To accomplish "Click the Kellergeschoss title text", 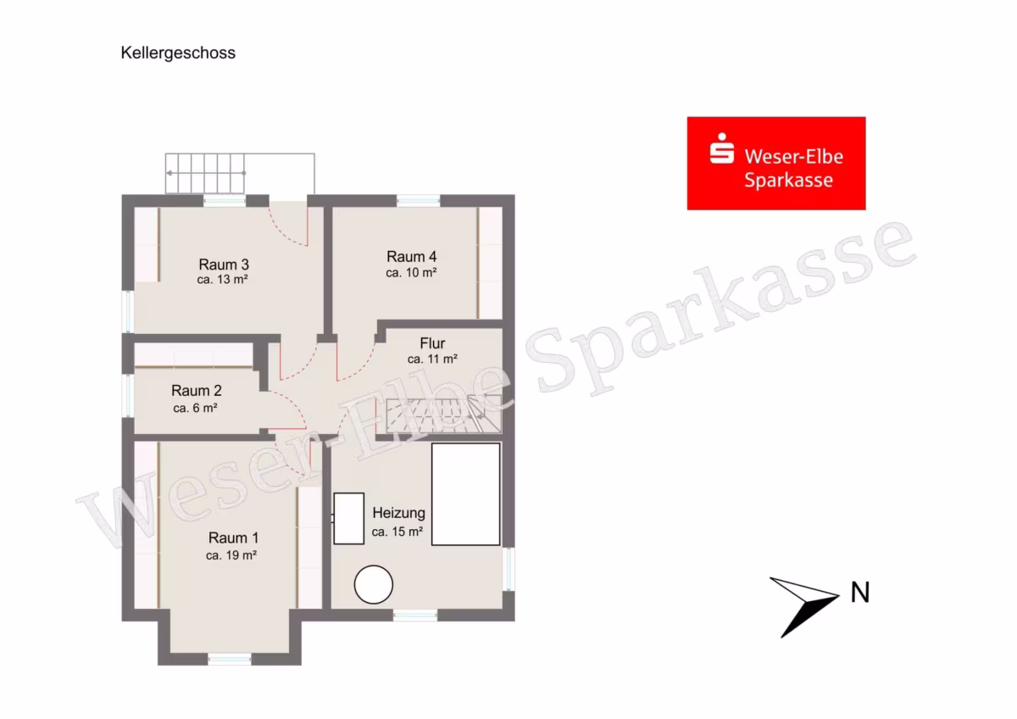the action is (x=178, y=53).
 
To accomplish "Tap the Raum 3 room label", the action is (x=224, y=265).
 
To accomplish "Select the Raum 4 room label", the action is (x=411, y=257).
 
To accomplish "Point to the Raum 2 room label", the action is (x=196, y=391).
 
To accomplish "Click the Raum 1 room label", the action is (x=233, y=538).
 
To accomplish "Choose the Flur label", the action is (x=432, y=343).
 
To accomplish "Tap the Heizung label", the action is (x=398, y=513).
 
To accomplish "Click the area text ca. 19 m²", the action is (x=231, y=555).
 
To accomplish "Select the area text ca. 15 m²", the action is (x=397, y=532).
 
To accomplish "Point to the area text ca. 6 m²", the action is (x=195, y=408).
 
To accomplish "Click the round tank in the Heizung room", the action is (x=373, y=584).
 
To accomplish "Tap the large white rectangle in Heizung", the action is (x=466, y=494).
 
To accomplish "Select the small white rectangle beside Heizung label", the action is (x=348, y=518).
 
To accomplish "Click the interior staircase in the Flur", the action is (x=443, y=415).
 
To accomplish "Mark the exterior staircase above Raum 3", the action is (x=205, y=174).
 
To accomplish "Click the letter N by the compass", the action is (x=860, y=593).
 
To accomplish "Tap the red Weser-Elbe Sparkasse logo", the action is (x=776, y=164).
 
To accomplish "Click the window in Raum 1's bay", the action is (x=230, y=659).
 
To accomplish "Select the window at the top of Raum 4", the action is (x=418, y=200).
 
